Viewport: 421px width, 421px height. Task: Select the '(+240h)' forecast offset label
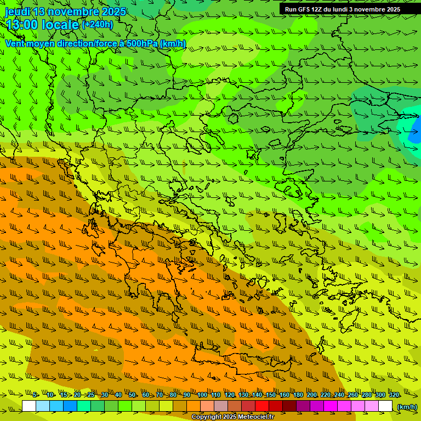98,24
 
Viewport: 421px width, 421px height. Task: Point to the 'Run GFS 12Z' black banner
342,9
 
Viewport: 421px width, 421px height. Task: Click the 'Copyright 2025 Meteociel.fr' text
232,417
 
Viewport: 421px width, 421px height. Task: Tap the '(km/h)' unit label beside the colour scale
407,406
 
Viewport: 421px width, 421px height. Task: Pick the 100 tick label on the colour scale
202,395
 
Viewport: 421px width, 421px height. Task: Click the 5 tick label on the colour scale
35,395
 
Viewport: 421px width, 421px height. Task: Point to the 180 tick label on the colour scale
298,395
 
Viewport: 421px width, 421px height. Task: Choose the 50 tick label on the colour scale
132,395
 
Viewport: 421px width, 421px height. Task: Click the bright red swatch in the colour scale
262,406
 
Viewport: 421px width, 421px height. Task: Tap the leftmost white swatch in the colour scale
29,406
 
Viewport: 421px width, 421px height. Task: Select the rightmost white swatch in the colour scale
385,406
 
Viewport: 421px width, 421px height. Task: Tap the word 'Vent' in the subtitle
16,43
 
